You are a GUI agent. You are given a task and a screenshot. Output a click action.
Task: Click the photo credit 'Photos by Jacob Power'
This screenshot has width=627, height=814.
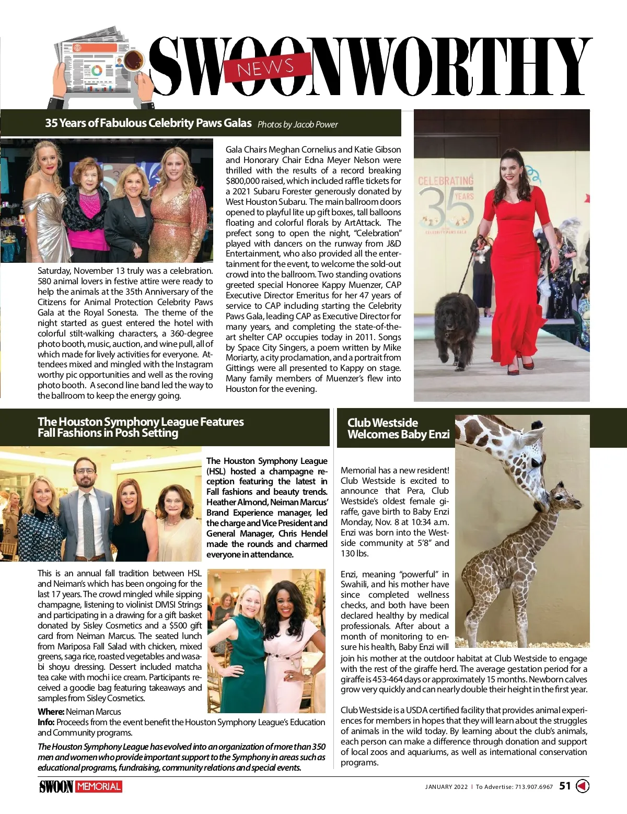coord(297,124)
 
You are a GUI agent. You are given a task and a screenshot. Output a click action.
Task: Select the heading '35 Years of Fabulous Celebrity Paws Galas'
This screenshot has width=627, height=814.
coord(148,123)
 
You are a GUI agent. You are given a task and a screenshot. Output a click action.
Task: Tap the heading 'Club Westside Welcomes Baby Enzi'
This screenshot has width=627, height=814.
coord(398,428)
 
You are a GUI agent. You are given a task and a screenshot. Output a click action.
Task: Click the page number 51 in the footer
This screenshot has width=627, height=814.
coord(565,786)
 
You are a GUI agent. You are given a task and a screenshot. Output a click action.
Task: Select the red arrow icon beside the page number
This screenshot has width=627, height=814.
coord(582,786)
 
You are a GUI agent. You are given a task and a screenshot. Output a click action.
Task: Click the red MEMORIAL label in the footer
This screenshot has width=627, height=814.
coord(99,786)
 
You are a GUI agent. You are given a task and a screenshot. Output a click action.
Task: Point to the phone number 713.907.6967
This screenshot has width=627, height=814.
coord(533,787)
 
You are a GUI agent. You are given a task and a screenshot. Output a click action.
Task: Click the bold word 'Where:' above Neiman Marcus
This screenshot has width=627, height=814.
coord(51,712)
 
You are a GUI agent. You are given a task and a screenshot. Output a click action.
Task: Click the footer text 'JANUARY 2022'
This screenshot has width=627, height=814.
coord(446,787)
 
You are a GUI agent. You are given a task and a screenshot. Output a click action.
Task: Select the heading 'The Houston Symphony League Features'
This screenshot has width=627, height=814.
coord(141,422)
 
